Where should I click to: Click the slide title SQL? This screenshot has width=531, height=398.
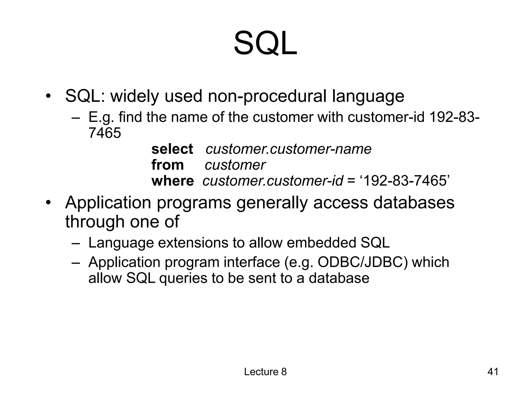265,43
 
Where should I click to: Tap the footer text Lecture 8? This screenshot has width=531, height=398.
265,372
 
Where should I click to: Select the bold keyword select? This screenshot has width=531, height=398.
172,149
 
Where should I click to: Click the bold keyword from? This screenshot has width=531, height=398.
167,165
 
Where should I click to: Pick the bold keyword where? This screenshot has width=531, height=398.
172,181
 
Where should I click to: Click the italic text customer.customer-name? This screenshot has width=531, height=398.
288,149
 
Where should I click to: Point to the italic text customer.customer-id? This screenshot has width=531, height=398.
273,181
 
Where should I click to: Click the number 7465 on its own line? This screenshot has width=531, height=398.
105,133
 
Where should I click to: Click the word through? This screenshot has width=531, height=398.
95,222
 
